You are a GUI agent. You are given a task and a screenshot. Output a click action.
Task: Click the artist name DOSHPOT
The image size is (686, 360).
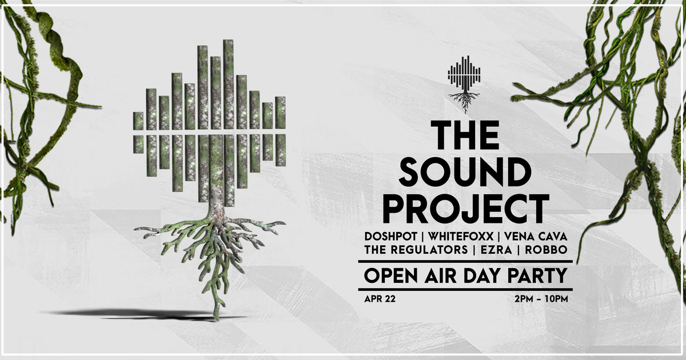point(388,236)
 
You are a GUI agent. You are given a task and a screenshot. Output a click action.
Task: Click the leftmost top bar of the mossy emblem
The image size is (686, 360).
point(138,121)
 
